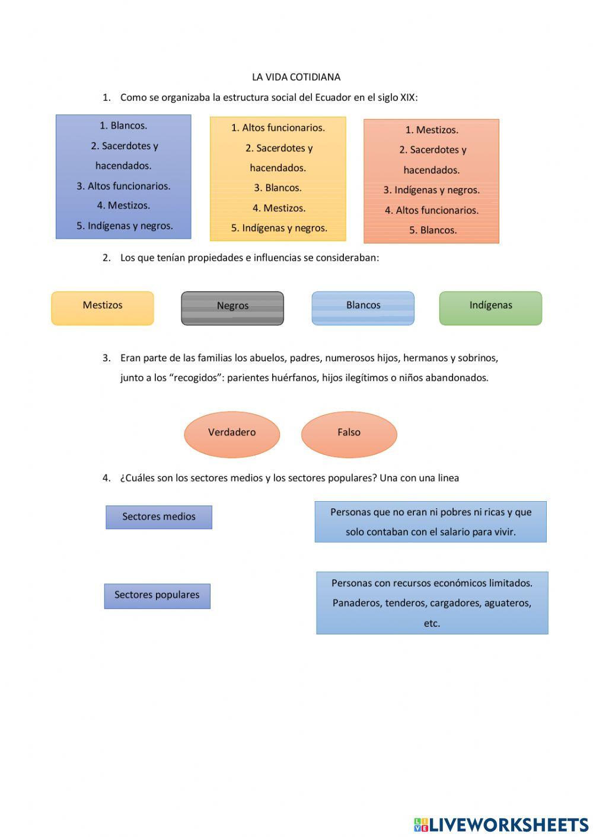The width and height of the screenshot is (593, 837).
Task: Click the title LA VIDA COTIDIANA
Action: click(x=296, y=77)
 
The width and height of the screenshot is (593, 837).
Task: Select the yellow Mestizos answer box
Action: click(x=103, y=308)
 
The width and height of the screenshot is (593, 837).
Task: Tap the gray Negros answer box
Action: click(x=232, y=308)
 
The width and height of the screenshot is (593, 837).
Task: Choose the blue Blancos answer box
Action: click(x=363, y=308)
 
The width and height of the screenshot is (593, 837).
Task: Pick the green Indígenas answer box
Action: click(x=490, y=308)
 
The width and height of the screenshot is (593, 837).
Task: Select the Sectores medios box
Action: click(x=159, y=517)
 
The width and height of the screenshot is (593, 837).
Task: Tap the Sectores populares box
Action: click(x=157, y=596)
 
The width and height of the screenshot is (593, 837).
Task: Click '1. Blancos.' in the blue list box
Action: click(x=123, y=126)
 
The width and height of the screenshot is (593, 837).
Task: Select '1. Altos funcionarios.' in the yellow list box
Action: click(x=278, y=128)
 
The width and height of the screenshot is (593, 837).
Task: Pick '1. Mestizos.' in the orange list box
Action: click(x=432, y=130)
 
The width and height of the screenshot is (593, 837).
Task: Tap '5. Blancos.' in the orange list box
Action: click(x=433, y=230)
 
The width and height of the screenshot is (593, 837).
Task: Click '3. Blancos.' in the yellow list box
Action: click(x=278, y=188)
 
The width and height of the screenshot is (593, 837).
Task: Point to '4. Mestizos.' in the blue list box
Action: click(x=123, y=206)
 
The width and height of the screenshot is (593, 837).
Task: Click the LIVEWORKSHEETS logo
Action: click(x=501, y=825)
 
